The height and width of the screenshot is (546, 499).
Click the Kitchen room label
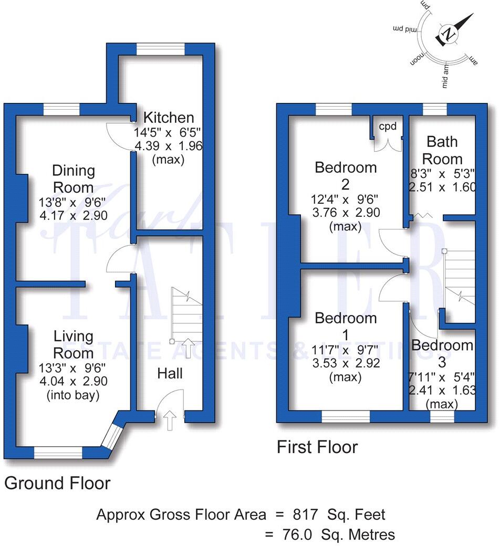[x=169, y=117]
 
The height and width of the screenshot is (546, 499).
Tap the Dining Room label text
[x=73, y=179]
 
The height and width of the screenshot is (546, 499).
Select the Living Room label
[x=73, y=344]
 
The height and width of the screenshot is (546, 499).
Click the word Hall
[x=170, y=373]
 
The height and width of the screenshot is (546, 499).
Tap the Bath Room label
[x=442, y=150]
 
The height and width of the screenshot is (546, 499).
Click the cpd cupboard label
[x=388, y=127]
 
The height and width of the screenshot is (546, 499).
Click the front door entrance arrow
[x=170, y=421]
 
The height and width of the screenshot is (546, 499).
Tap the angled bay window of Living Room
[x=111, y=434]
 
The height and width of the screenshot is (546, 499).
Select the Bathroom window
[x=434, y=109]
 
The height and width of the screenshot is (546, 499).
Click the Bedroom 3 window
[x=442, y=416]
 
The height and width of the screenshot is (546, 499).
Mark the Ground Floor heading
[x=57, y=483]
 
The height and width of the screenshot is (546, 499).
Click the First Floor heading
[x=317, y=447]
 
